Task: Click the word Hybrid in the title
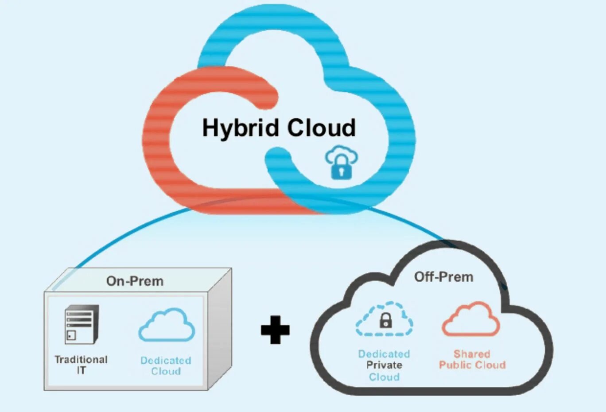[x=242, y=128]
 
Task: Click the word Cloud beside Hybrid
[x=321, y=128]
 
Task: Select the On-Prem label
[x=135, y=281]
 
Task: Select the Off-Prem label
[x=443, y=277]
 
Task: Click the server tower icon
[x=81, y=324]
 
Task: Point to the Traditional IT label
[x=81, y=365]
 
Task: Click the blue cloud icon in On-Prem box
[x=167, y=325]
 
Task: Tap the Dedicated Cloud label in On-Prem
[x=166, y=366]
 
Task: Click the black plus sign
[x=275, y=330]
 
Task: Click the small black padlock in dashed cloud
[x=386, y=320]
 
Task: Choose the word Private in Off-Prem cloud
[x=384, y=365]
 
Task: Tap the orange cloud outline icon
[x=470, y=319]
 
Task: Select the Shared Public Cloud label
[x=472, y=359]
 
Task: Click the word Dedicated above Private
[x=384, y=354]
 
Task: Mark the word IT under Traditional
[x=81, y=370]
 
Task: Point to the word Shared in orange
[x=472, y=354]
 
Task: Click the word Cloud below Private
[x=384, y=377]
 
